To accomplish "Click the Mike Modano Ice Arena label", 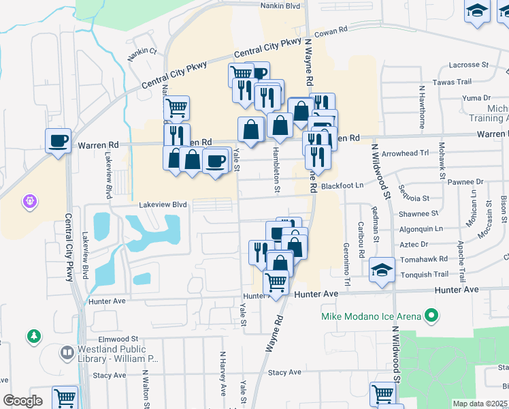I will (x=370, y=317).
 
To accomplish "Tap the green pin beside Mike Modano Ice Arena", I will (x=430, y=316).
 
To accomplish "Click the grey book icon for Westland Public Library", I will (x=67, y=353).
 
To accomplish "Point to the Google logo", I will (x=23, y=401).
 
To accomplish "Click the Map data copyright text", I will (x=480, y=404).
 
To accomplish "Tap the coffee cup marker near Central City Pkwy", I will (x=58, y=141).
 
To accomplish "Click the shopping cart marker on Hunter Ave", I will (x=276, y=281).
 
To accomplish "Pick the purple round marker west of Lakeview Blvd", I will (x=31, y=201).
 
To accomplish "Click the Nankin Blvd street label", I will (x=280, y=5).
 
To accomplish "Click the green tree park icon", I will (x=33, y=336).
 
